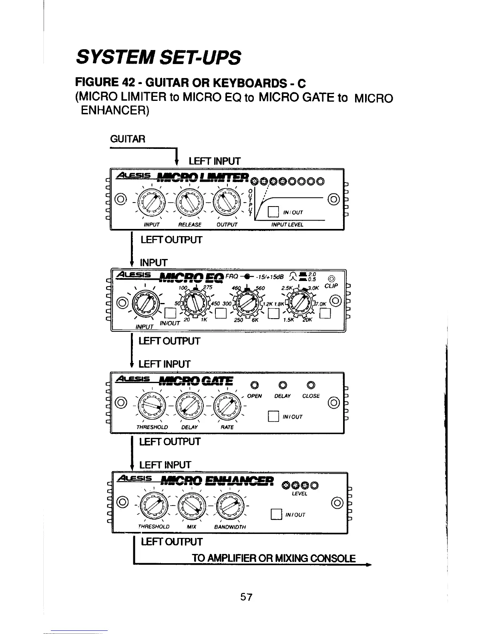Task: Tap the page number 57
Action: [x=246, y=597]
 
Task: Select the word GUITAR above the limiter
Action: [x=127, y=139]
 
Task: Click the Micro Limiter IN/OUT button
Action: [x=273, y=212]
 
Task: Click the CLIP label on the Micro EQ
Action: [x=332, y=286]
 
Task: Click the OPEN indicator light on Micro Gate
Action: [x=253, y=385]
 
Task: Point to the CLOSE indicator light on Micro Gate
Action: [x=311, y=385]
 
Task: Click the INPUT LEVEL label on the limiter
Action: [x=287, y=225]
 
